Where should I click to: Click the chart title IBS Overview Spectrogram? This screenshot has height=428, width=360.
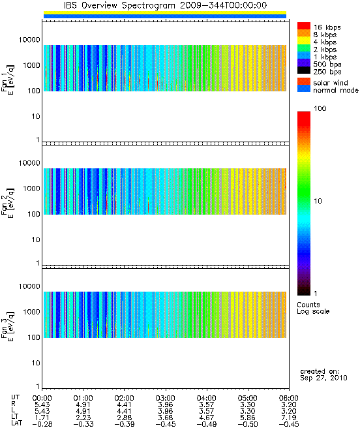[x=119, y=5]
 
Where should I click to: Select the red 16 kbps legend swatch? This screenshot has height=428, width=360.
[x=304, y=25]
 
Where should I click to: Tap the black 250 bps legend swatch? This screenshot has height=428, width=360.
[x=304, y=70]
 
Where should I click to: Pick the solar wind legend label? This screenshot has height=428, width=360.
[x=330, y=83]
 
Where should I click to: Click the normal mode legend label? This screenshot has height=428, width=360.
[x=336, y=90]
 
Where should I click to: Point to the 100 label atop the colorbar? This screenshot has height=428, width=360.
[x=320, y=108]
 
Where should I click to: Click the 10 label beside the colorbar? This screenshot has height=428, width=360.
[x=318, y=201]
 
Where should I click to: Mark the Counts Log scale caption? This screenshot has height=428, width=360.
[x=313, y=308]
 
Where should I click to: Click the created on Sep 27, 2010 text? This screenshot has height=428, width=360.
[x=323, y=374]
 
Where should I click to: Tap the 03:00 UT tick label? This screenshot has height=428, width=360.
[x=165, y=398]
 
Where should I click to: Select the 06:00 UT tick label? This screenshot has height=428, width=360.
[x=289, y=398]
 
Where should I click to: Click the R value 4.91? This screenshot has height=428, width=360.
[x=83, y=405]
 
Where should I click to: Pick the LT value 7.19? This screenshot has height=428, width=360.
[x=289, y=418]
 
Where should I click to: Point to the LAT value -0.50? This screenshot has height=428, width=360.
[x=247, y=424]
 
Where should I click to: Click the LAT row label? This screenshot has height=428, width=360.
[x=17, y=423]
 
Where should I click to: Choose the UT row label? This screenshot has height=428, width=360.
[x=15, y=397]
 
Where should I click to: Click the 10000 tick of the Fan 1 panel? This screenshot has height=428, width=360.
[x=29, y=40]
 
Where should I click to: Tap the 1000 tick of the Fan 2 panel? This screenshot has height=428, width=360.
[x=31, y=189]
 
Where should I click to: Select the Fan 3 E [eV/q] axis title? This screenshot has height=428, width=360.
[x=8, y=326]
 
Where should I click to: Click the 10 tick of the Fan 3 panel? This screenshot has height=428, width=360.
[x=36, y=363]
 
